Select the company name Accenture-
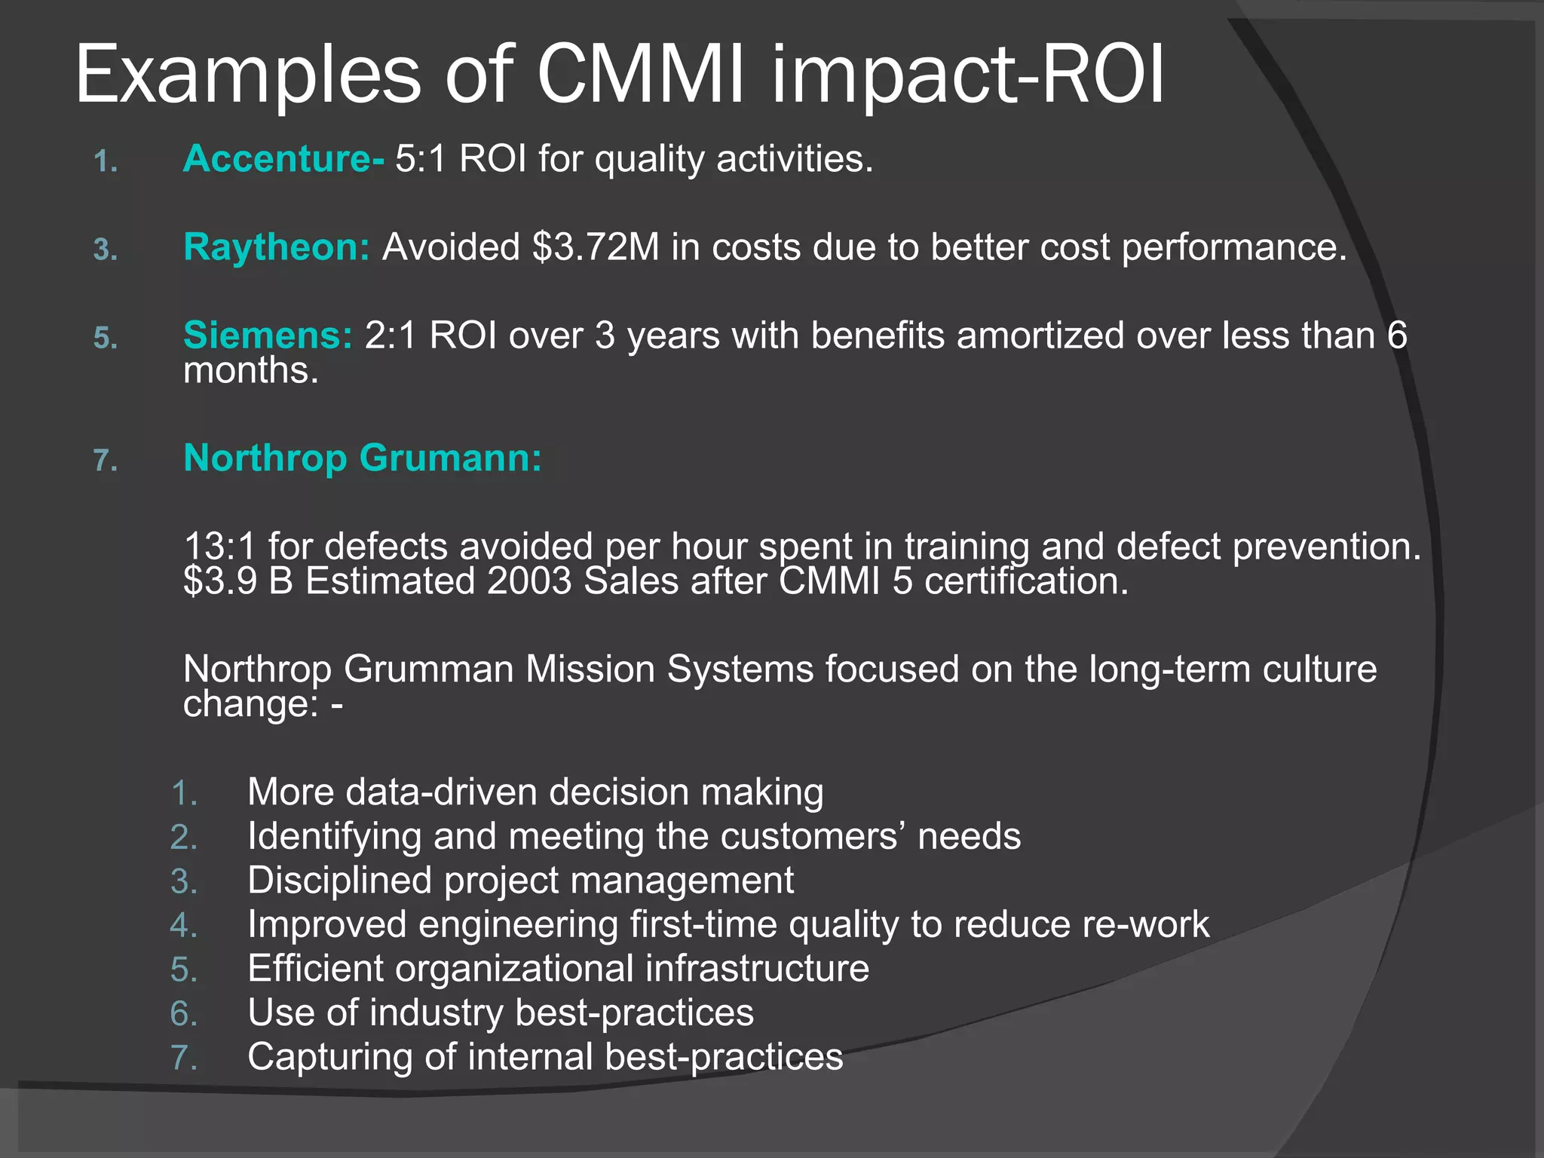[x=283, y=159]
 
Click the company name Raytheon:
[x=277, y=247]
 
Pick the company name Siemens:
[x=268, y=335]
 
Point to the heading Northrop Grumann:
[x=363, y=458]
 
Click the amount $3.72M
[x=596, y=247]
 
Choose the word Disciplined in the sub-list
[x=339, y=881]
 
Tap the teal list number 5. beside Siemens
[x=106, y=338]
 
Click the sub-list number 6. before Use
[x=184, y=1014]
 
